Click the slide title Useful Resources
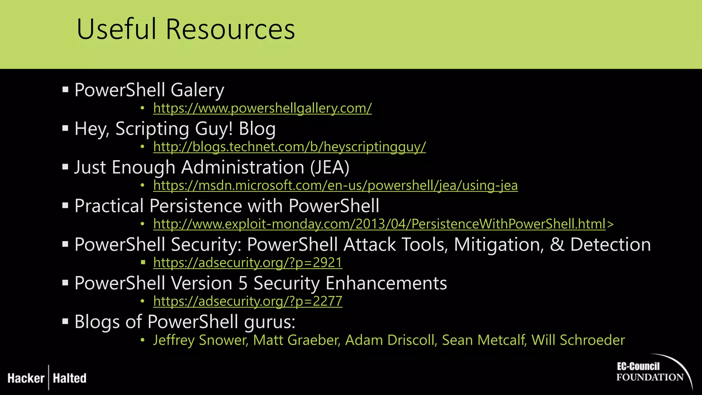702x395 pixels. (x=185, y=29)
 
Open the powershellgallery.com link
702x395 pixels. (x=262, y=108)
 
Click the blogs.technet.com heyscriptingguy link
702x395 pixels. (x=289, y=147)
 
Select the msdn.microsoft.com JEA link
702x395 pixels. (x=335, y=185)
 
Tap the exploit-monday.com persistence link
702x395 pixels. (x=379, y=224)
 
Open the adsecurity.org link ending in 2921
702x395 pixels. (x=247, y=263)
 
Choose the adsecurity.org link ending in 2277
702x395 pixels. (x=247, y=301)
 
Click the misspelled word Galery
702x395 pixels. (x=197, y=90)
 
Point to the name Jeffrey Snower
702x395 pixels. (x=200, y=340)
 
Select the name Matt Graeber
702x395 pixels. (x=296, y=340)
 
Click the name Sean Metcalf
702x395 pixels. (x=484, y=340)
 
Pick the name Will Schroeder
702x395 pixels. (x=578, y=340)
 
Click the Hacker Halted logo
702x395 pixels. (x=47, y=378)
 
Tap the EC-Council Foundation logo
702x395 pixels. (x=651, y=372)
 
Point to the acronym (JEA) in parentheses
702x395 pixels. (x=330, y=167)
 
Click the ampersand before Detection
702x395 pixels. (x=557, y=245)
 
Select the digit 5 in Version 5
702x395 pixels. (x=243, y=284)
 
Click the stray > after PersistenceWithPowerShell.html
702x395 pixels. (x=610, y=224)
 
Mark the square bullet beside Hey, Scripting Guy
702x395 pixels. (x=65, y=129)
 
